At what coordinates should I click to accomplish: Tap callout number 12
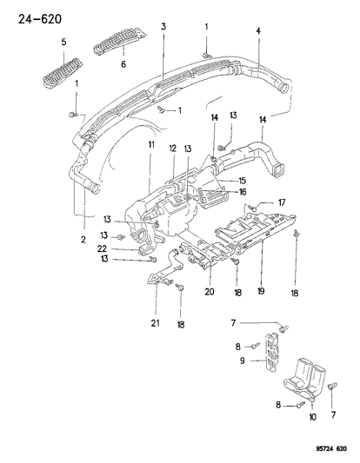click(x=173, y=148)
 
